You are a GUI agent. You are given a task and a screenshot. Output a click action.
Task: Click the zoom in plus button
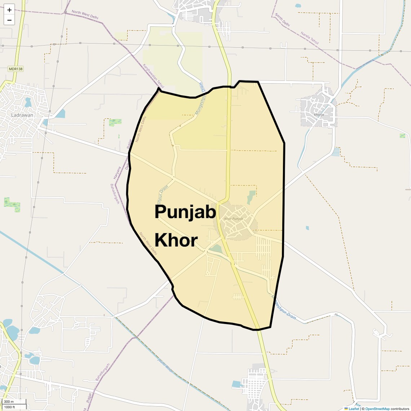point(9,10)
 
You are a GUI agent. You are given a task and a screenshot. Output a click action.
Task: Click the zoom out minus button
point(9,20)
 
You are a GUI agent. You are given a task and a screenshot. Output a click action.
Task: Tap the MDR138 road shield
point(16,68)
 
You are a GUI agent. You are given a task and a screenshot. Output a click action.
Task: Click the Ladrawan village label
point(22,115)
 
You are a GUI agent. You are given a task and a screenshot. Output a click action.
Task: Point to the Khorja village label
point(319,115)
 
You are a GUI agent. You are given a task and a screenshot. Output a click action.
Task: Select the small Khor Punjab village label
point(234,219)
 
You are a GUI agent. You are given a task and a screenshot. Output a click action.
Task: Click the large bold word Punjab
point(185,212)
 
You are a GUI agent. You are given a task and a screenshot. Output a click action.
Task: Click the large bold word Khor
point(176,240)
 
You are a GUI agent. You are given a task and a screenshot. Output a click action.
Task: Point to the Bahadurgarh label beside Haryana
point(115,194)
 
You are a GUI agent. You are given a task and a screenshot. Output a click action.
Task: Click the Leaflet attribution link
point(354,408)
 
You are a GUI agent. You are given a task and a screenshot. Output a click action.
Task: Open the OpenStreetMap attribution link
point(377,408)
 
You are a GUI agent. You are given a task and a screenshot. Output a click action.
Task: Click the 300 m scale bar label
point(9,402)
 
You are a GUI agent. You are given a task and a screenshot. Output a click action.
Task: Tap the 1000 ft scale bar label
point(10,407)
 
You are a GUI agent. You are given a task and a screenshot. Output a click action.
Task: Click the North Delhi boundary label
point(282,20)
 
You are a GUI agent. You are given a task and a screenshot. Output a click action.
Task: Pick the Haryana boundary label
point(115,173)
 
